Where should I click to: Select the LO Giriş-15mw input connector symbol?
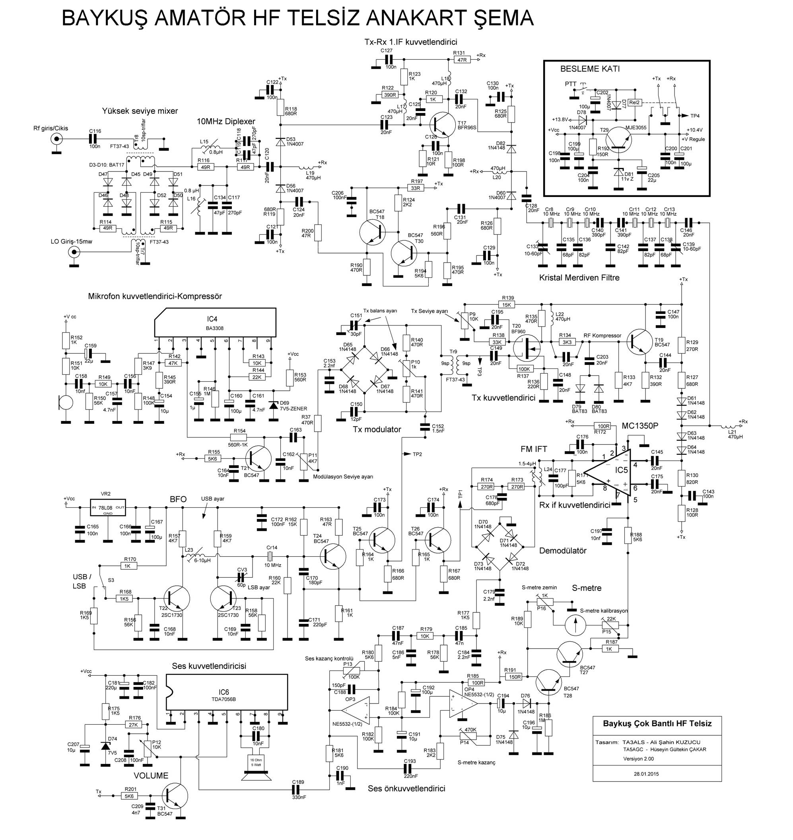click(x=75, y=253)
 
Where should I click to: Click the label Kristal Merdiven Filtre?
click(x=579, y=278)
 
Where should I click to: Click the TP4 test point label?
click(x=695, y=115)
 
